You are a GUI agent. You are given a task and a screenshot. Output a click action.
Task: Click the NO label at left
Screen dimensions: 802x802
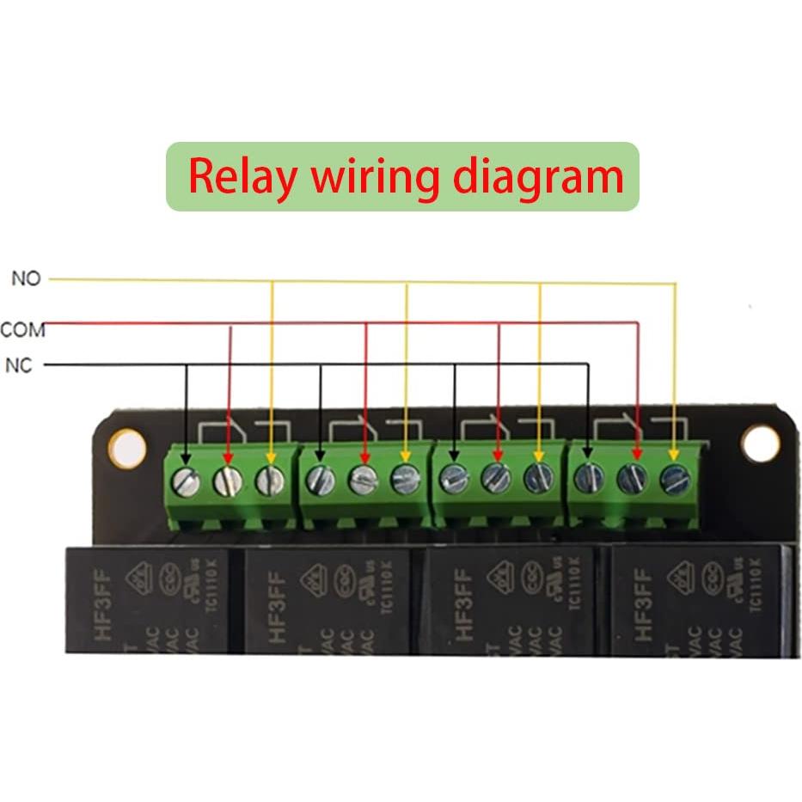point(26,279)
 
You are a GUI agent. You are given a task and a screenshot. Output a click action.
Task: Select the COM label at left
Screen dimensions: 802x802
point(22,330)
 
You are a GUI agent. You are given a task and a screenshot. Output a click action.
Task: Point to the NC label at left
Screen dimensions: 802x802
point(19,365)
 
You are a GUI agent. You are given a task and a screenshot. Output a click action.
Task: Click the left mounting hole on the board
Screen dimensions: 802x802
point(127,449)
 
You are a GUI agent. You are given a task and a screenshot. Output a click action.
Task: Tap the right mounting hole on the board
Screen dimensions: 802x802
point(760,444)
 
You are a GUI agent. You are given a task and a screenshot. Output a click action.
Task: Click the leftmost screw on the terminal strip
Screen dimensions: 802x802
point(186,482)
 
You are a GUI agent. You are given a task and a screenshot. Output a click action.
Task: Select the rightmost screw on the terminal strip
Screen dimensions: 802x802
point(675,480)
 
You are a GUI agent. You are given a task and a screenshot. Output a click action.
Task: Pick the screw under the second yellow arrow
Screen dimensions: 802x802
point(406,480)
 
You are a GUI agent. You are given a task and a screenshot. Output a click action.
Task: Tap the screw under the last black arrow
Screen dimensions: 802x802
point(589,477)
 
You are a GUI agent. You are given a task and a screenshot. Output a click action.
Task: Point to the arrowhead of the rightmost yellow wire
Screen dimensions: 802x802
point(675,452)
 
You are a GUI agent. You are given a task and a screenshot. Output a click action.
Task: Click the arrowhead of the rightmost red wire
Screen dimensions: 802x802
point(637,453)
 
